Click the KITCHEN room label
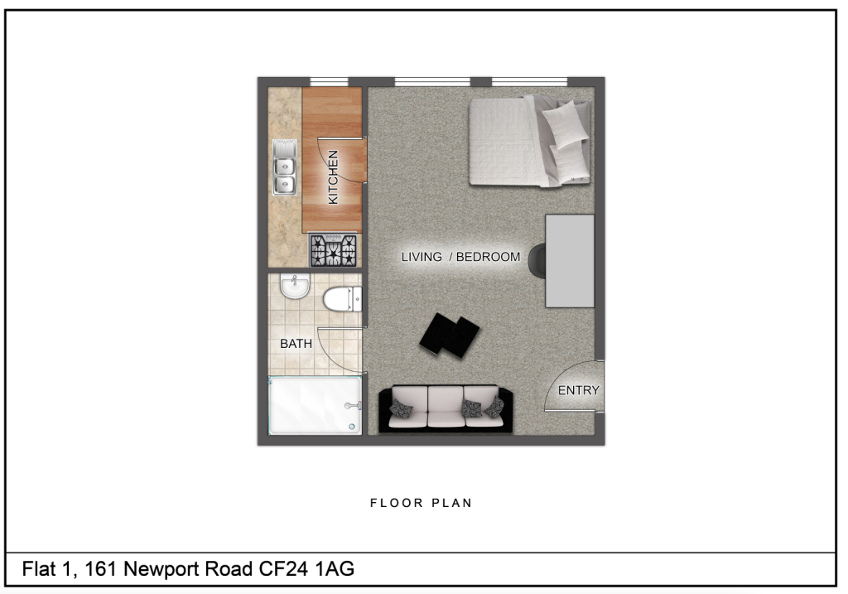pyautogui.click(x=333, y=176)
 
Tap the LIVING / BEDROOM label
pyautogui.click(x=460, y=257)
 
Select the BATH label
pyautogui.click(x=296, y=343)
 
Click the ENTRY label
pyautogui.click(x=578, y=390)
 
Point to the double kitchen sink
pyautogui.click(x=285, y=167)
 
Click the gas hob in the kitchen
pyautogui.click(x=334, y=249)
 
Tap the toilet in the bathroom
pyautogui.click(x=342, y=299)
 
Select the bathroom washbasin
pyautogui.click(x=295, y=287)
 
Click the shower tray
pyautogui.click(x=316, y=405)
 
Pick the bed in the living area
pyautogui.click(x=529, y=141)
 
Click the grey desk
pyautogui.click(x=570, y=260)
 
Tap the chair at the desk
pyautogui.click(x=536, y=260)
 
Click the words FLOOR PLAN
pyautogui.click(x=421, y=503)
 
